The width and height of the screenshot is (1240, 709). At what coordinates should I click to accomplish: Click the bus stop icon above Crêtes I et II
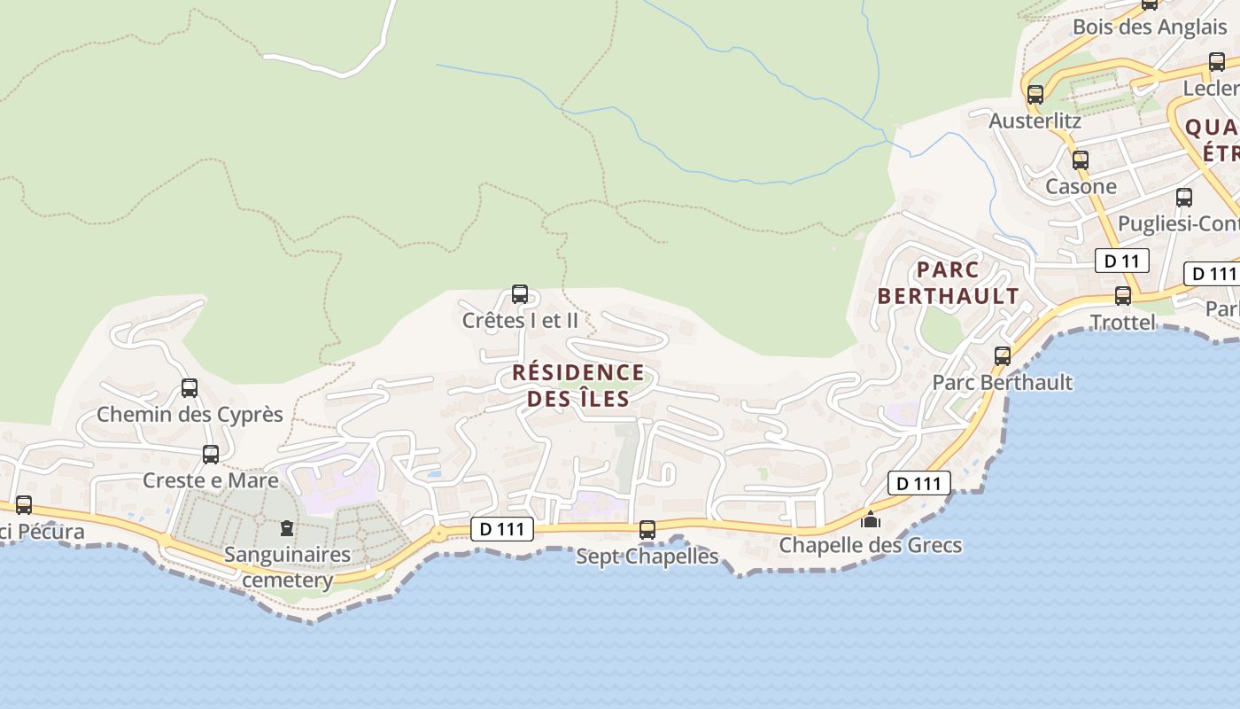tap(520, 294)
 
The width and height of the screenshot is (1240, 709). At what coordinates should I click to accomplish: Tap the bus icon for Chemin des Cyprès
tap(190, 388)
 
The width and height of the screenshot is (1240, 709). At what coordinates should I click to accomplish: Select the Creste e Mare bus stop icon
tap(211, 455)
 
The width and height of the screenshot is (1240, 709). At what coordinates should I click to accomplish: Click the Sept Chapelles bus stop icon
tap(647, 530)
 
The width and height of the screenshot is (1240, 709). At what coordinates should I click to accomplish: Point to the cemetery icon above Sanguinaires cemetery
tap(287, 529)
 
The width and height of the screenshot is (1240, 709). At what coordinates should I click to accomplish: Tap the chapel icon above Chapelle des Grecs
tap(871, 519)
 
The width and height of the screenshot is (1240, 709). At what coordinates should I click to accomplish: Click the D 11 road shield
tap(1121, 261)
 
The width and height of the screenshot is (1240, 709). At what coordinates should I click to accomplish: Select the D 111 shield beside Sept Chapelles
tap(502, 530)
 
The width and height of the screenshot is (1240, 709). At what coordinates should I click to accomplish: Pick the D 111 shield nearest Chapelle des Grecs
tap(919, 483)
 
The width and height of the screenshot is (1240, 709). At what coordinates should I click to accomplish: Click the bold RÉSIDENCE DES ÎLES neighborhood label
tap(578, 386)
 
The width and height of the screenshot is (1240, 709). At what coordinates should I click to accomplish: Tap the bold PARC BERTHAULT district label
tap(948, 283)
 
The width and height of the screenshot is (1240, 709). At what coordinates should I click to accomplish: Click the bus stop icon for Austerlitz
tap(1035, 95)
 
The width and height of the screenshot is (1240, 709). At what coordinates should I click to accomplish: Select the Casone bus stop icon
tap(1081, 160)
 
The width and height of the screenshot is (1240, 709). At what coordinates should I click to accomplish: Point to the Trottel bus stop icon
tap(1123, 296)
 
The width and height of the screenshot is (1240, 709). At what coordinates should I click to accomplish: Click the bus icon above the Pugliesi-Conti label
tap(1184, 198)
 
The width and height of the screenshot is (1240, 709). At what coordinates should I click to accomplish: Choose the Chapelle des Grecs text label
tap(870, 545)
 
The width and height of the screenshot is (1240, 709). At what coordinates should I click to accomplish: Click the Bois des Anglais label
tap(1150, 27)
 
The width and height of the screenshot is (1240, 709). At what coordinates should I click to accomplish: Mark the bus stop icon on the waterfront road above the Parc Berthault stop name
tap(1003, 356)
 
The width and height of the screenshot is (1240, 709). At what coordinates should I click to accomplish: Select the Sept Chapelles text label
tap(647, 557)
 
